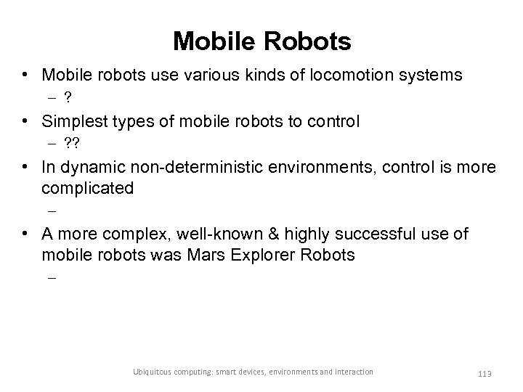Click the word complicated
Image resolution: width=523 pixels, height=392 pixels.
(x=88, y=188)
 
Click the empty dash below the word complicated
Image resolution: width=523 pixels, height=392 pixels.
(x=53, y=211)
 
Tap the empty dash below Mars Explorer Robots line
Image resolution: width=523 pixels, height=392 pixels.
(x=53, y=277)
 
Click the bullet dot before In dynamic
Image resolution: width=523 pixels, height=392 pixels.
(x=25, y=168)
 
